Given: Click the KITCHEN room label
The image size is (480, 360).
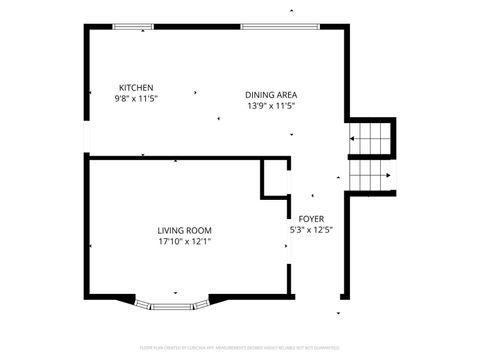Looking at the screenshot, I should pos(136,87).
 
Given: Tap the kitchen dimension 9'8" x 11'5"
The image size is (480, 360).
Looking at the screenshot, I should pos(136,99).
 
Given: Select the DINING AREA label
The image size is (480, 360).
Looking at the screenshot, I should pos(271,95).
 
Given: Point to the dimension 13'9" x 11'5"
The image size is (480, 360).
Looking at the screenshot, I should pos(271,106).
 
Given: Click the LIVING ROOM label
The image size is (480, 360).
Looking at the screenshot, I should pos(184,230).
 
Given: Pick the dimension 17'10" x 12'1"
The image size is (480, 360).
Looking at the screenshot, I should pos(184,241).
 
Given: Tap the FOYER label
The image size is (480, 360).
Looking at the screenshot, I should pos(311,218).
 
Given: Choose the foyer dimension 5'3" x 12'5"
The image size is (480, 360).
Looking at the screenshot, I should pos(311,230).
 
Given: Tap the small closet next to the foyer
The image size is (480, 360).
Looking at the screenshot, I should pos(276,178).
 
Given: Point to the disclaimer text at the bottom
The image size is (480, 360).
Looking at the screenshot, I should pos(240,348).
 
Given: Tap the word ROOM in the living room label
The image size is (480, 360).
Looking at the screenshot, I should pos(199,230).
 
